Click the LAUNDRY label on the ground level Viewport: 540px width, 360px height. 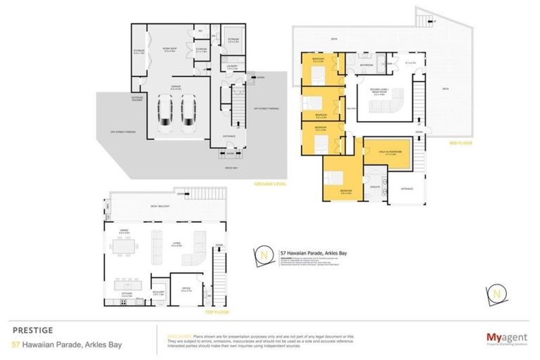231,67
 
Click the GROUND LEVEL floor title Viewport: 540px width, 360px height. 269,184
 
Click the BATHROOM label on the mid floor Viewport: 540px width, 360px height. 366,65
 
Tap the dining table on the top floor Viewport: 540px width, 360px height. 127,246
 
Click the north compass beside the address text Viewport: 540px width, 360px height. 264,255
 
